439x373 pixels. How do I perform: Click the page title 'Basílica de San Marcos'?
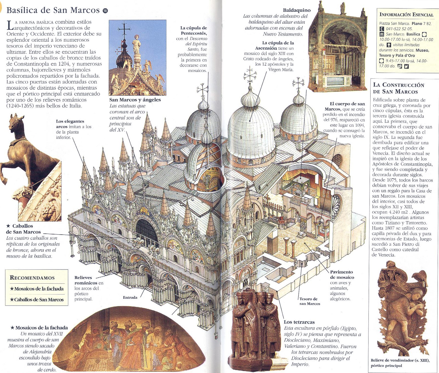pos(53,10)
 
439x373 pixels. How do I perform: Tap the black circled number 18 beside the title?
pos(105,11)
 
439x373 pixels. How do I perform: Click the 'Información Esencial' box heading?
pos(406,15)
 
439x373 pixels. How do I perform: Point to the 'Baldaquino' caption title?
pos(297,10)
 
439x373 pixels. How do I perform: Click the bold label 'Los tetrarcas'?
pos(299,322)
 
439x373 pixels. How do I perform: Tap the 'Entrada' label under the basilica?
pos(130,298)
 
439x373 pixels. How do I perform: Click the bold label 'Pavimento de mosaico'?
pos(341,275)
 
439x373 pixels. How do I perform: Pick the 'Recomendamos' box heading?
pos(32,278)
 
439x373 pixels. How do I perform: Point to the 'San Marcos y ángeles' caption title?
pos(135,100)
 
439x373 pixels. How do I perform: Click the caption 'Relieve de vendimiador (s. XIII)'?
pos(400,360)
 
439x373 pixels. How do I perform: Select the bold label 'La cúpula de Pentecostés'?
pos(193,30)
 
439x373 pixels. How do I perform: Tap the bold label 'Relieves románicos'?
pos(86,280)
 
